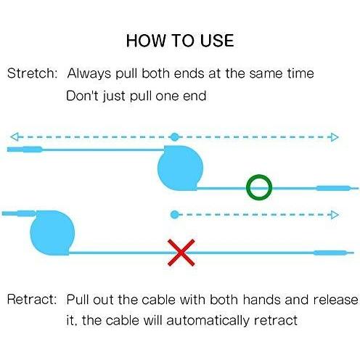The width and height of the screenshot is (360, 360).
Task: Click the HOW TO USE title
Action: click(x=180, y=41)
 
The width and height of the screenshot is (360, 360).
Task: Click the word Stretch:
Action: click(x=32, y=73)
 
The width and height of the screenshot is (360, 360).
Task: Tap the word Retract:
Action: click(x=32, y=299)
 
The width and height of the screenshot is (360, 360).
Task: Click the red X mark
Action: click(x=181, y=253)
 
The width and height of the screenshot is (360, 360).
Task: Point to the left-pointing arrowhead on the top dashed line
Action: click(x=15, y=136)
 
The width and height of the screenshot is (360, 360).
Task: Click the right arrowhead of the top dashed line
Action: click(x=335, y=137)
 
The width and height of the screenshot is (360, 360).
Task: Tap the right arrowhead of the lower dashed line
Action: click(x=335, y=215)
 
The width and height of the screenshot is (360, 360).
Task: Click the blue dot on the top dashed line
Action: click(x=175, y=137)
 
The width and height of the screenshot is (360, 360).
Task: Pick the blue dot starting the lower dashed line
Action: click(x=175, y=215)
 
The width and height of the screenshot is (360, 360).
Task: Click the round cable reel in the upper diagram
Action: click(x=180, y=168)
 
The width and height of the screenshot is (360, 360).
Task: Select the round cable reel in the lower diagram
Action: click(x=52, y=233)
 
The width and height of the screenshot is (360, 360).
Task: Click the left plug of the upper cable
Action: click(x=25, y=150)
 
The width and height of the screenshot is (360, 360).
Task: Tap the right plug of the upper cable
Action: click(x=337, y=188)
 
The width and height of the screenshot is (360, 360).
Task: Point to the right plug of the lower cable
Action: click(x=334, y=253)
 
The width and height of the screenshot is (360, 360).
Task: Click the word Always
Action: click(x=89, y=73)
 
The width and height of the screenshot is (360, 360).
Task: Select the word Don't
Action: click(x=82, y=95)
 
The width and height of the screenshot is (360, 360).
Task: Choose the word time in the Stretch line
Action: click(x=300, y=73)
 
